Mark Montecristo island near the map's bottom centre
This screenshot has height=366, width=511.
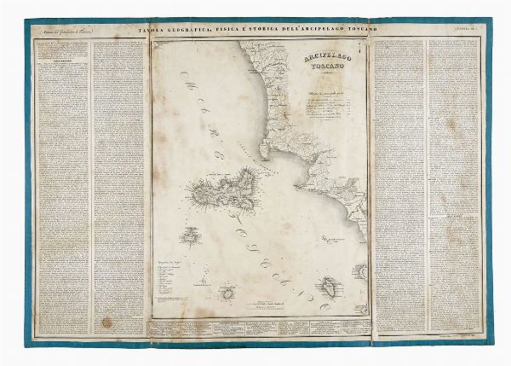tap(228, 293)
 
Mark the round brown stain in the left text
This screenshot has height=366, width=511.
tap(106, 322)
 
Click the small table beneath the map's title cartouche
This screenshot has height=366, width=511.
tap(322, 107)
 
